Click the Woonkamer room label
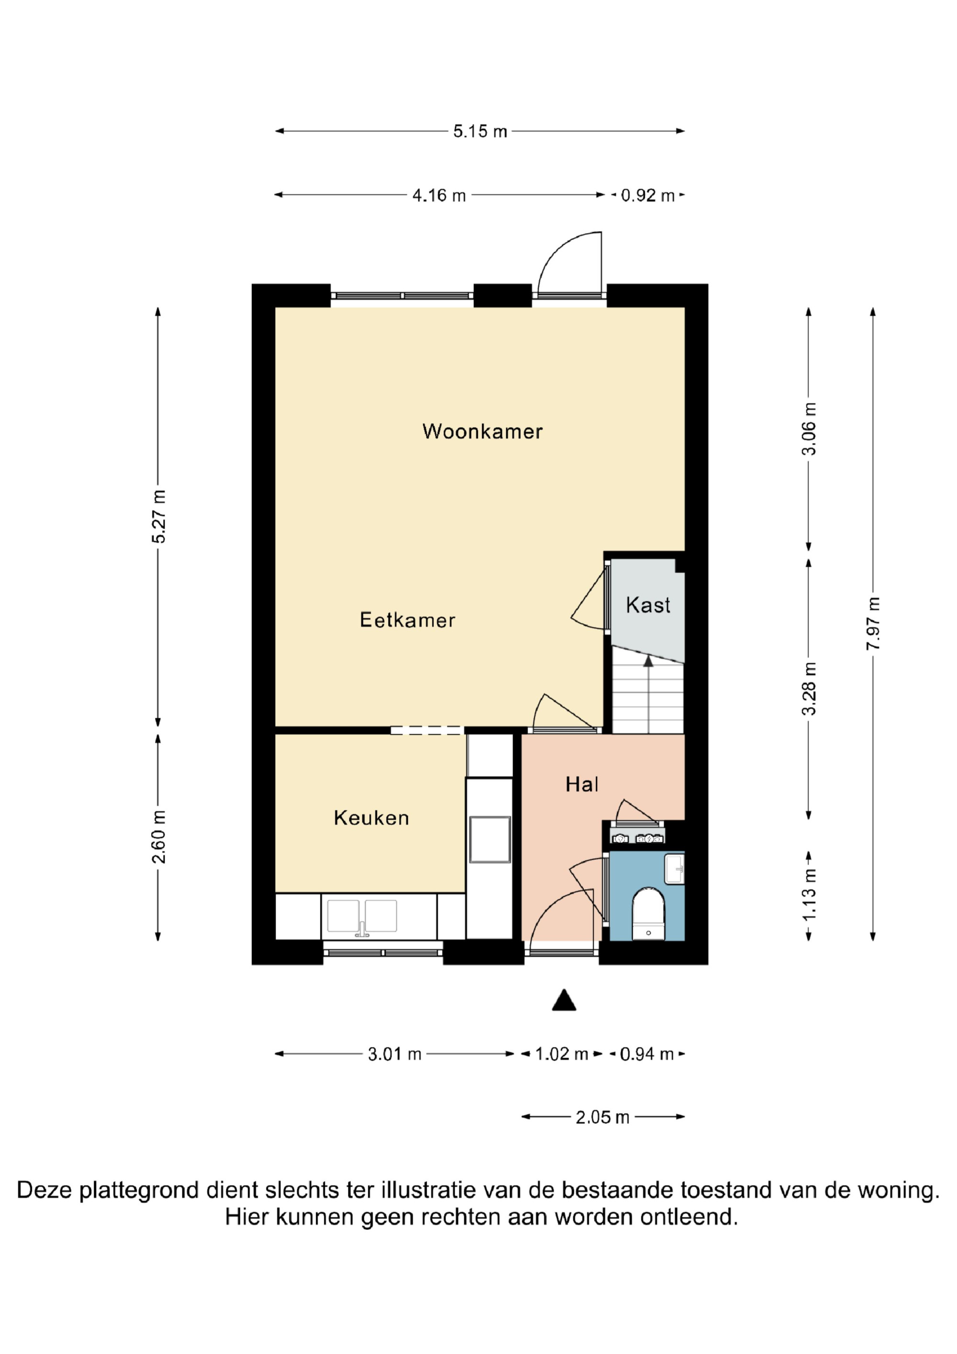point(482,432)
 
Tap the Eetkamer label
point(408,620)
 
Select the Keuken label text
point(371,818)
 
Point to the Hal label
point(582,784)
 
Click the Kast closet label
point(648,605)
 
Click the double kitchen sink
point(362,917)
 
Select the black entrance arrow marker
point(564,1000)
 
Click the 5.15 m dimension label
point(480,131)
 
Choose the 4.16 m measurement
point(439,195)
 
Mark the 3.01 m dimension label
point(394,1054)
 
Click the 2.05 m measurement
point(602,1117)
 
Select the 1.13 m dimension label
point(810,895)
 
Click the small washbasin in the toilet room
point(675,869)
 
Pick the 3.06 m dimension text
point(810,429)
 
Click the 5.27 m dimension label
point(158,516)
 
